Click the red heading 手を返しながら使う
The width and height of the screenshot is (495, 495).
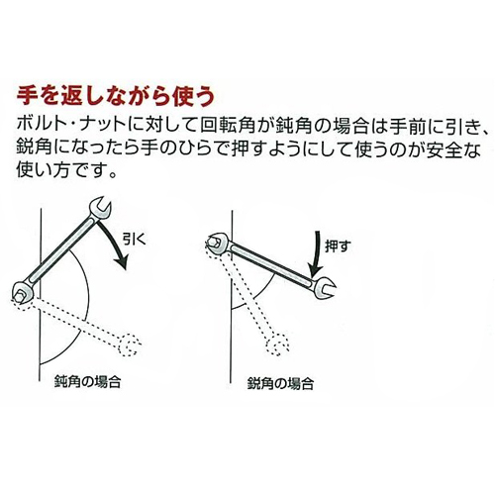click(x=116, y=97)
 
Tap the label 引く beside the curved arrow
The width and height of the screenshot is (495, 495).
click(x=135, y=240)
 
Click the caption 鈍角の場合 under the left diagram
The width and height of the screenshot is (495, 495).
click(x=87, y=382)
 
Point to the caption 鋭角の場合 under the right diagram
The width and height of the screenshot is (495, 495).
click(x=280, y=384)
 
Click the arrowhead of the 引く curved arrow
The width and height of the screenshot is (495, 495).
click(x=122, y=262)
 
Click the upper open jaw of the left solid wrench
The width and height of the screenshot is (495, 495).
click(x=101, y=209)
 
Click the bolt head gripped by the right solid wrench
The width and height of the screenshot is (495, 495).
click(x=214, y=243)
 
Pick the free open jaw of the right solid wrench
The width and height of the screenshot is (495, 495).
click(x=325, y=288)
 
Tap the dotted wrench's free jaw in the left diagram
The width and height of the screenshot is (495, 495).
click(x=130, y=346)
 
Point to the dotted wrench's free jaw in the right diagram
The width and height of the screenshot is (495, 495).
click(x=278, y=345)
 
